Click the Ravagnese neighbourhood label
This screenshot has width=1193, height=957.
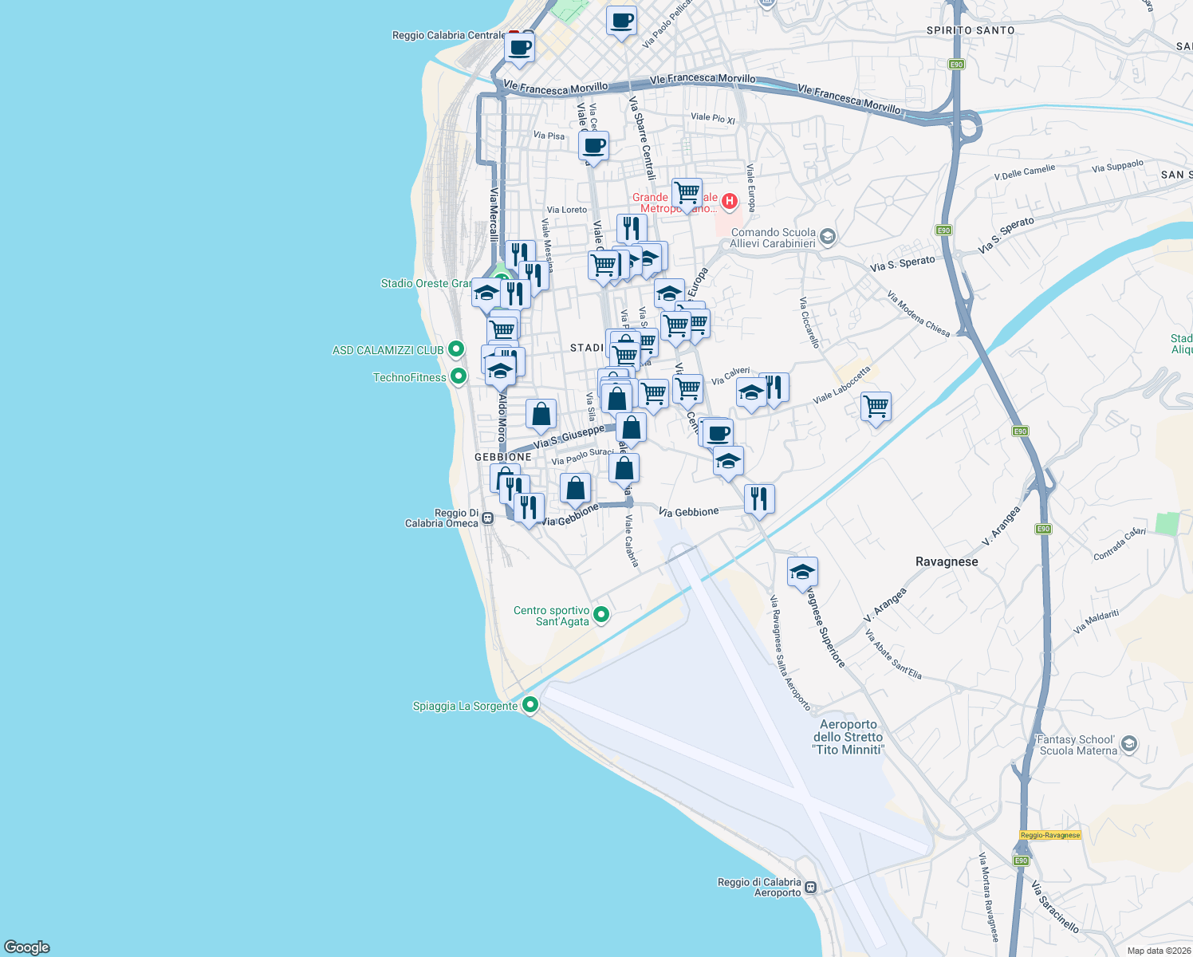pos(946,561)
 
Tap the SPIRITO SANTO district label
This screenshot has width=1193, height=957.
pos(971,30)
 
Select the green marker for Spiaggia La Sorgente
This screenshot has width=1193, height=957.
pos(530,705)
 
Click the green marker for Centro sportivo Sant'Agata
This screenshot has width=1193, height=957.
pos(602,614)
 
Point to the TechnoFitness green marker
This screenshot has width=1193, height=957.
pos(459,376)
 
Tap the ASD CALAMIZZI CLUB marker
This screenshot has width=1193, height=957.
pos(456,349)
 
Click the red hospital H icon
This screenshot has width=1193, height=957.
pos(729,202)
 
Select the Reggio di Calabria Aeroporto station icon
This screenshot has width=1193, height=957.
pos(810,887)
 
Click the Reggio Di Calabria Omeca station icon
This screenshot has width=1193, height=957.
pos(487,518)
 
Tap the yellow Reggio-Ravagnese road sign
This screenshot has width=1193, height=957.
pos(1049,835)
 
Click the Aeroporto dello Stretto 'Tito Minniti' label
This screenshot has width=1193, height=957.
pos(848,737)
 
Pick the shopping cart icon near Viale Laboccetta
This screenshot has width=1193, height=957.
pos(876,406)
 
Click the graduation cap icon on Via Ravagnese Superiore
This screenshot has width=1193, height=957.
pos(802,571)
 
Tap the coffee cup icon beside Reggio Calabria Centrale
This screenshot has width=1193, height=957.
pos(519,48)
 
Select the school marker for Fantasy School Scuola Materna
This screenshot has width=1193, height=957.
pos(1128,745)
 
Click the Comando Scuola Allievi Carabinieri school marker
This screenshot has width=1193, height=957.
pos(828,236)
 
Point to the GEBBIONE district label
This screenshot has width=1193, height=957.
pos(502,457)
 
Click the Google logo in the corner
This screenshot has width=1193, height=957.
pos(27,947)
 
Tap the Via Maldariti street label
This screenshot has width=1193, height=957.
pos(1096,621)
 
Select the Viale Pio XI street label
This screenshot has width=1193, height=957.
pos(713,118)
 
